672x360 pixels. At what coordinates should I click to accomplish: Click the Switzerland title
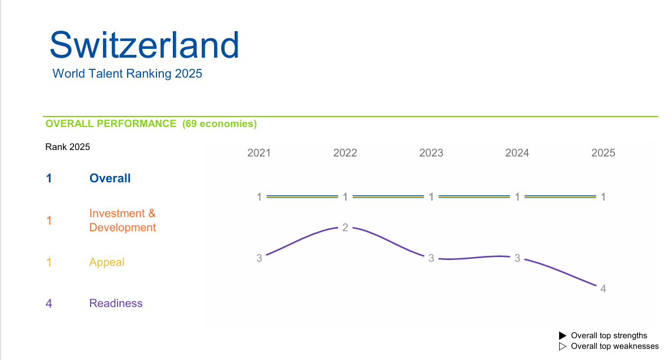pyautogui.click(x=145, y=45)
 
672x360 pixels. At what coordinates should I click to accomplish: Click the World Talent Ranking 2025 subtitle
pyautogui.click(x=127, y=74)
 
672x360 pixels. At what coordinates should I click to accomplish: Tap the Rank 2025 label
pyautogui.click(x=68, y=147)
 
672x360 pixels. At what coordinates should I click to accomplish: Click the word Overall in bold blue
pyautogui.click(x=110, y=178)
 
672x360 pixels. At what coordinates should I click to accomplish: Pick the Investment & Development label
pyautogui.click(x=122, y=220)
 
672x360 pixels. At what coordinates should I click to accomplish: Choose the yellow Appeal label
pyautogui.click(x=107, y=262)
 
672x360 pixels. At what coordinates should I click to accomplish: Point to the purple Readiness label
pyautogui.click(x=116, y=304)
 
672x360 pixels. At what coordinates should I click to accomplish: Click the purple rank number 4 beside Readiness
pyautogui.click(x=49, y=304)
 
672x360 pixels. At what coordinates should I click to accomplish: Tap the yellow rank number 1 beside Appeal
pyautogui.click(x=49, y=262)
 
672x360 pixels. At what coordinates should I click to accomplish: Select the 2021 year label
pyautogui.click(x=259, y=153)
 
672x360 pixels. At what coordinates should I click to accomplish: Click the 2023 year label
pyautogui.click(x=431, y=153)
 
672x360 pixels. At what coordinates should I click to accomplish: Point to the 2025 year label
pyautogui.click(x=603, y=153)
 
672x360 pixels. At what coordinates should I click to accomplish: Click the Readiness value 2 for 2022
pyautogui.click(x=345, y=228)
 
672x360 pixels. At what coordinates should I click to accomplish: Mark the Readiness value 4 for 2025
pyautogui.click(x=603, y=289)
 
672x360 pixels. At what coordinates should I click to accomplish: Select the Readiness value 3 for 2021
pyautogui.click(x=259, y=258)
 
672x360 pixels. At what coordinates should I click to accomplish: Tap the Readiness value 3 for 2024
pyautogui.click(x=517, y=258)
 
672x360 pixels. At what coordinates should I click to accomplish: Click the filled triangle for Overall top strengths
pyautogui.click(x=563, y=335)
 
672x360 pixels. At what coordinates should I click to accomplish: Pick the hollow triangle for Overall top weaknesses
pyautogui.click(x=563, y=346)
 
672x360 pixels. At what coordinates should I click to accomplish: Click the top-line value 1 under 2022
pyautogui.click(x=345, y=196)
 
